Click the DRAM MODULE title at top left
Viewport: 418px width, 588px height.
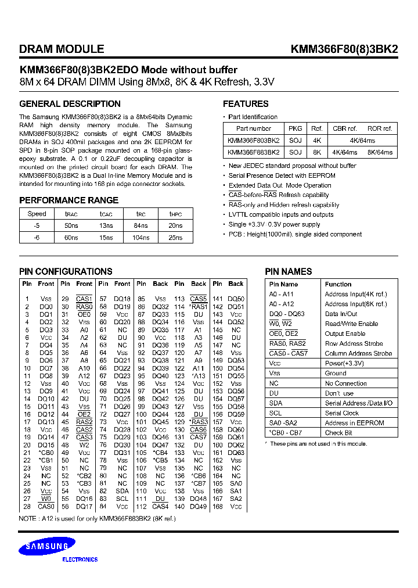[62, 49]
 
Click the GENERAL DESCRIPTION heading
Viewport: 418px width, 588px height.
[70, 104]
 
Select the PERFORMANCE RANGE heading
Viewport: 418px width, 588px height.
[69, 200]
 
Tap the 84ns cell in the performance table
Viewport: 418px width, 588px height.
[142, 226]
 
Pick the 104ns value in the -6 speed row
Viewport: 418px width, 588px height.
[142, 238]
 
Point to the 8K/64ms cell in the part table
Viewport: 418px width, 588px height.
[380, 152]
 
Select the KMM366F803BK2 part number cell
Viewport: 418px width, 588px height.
[254, 141]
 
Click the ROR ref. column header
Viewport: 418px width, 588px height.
[380, 128]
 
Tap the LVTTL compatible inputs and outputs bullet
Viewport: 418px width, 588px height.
[281, 215]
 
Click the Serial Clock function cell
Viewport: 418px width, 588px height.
[341, 413]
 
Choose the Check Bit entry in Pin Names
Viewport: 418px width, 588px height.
[338, 433]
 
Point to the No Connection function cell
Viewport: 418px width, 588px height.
[345, 383]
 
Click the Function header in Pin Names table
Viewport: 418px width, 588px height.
[338, 284]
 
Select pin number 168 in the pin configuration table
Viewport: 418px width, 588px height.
[217, 507]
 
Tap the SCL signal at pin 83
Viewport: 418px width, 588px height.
[122, 499]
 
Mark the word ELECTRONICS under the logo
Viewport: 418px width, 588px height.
[80, 560]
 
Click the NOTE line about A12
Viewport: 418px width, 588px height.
[97, 518]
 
